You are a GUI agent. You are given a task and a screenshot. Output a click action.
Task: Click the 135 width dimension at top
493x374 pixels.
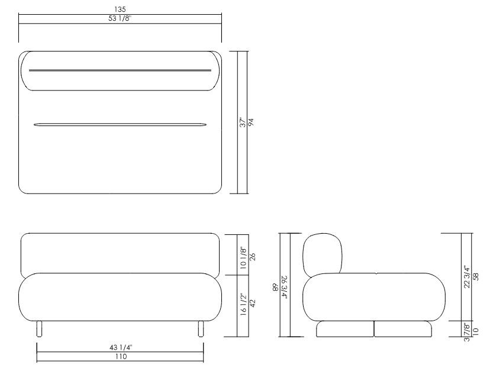121,9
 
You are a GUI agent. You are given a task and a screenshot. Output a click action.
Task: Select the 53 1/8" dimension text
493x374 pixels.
121,18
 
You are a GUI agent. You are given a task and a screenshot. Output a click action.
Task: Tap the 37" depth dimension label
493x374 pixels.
243,123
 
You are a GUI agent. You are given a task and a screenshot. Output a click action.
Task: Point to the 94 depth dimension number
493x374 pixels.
251,123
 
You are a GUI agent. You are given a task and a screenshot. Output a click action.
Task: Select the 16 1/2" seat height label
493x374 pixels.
243,305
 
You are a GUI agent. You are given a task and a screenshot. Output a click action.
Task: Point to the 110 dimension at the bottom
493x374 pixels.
121,357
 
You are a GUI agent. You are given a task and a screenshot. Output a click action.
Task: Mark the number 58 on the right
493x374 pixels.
475,276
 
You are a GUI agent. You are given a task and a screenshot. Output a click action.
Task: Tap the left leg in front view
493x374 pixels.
39,329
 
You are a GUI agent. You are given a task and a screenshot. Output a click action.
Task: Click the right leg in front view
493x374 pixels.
201,329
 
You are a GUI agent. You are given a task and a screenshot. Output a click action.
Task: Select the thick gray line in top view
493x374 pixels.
120,70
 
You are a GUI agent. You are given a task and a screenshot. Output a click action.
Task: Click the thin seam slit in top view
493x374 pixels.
121,125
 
